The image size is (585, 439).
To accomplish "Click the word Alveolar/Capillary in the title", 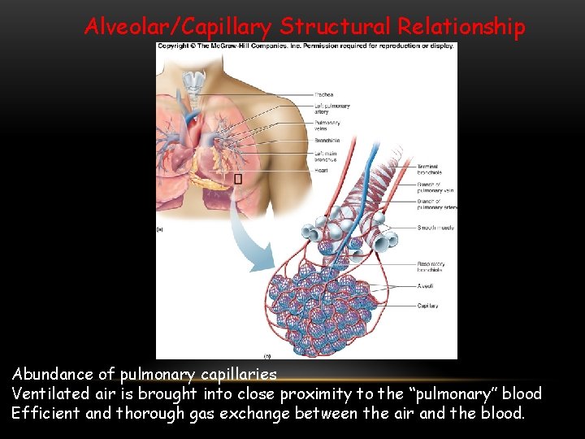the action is pos(178,27).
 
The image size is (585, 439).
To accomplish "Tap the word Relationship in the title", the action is pos(461,27).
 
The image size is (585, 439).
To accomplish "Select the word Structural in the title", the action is pos(336,27).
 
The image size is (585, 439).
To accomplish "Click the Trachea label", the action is pos(323,94).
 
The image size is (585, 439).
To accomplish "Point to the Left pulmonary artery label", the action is pos(331,108).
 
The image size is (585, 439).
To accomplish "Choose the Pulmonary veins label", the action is pos(327,125).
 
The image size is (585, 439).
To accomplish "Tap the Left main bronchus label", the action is pos(325,156).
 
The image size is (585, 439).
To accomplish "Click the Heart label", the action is pos(321,170).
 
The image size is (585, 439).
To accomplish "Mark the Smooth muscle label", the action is pos(435,228).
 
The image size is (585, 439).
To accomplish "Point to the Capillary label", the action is pos(428,306).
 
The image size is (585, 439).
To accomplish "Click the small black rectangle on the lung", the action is pos(238,178).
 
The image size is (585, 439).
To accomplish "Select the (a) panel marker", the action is pos(161,231).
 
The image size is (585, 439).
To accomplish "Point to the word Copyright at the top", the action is pos(173,46).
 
